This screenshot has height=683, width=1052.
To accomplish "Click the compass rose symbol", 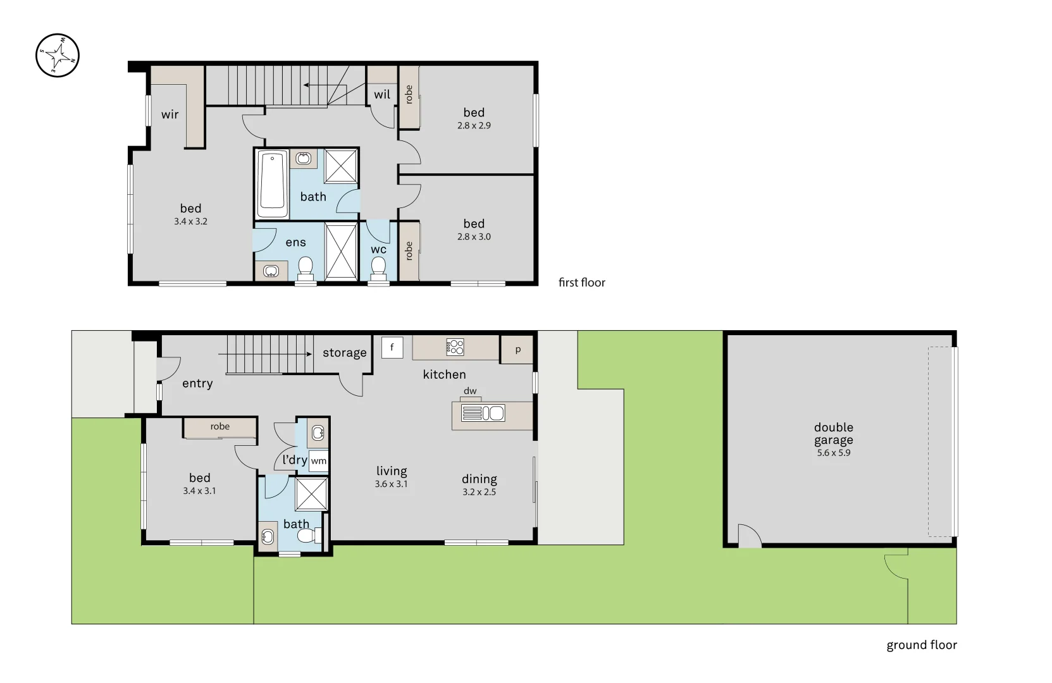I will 58,56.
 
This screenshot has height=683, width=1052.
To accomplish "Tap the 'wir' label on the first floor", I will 170,114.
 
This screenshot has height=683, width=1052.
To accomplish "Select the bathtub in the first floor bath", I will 273,182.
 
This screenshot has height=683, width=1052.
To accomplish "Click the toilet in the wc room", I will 378,267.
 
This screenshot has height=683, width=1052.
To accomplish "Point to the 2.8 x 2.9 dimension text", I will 474,125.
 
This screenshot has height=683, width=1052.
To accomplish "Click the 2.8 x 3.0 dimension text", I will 474,237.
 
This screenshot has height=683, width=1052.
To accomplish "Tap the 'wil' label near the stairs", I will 382,95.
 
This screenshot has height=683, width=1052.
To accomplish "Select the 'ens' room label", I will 295,242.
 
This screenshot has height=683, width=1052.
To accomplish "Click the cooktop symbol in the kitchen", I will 455,347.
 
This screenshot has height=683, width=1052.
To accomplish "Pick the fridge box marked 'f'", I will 392,347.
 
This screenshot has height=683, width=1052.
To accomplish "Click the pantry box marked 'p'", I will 517,350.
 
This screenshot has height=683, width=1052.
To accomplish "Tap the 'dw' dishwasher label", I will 470,391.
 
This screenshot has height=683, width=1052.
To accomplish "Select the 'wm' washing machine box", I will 319,461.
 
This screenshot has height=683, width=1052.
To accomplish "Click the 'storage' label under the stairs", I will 344,353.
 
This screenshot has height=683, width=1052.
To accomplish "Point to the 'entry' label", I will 197,383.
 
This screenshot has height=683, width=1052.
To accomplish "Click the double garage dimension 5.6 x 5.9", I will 833,453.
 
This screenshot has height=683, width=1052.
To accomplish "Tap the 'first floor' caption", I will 581,283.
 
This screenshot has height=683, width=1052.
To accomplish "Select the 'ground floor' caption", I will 921,645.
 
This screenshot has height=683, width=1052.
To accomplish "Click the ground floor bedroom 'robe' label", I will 220,427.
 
